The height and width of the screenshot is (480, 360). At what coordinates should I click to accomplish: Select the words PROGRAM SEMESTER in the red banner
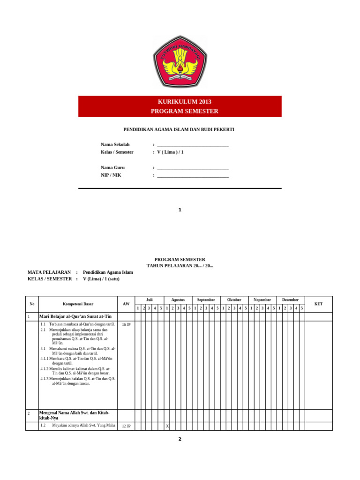point(184,111)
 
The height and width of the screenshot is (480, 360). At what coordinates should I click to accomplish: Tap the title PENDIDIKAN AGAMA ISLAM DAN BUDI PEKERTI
point(179,129)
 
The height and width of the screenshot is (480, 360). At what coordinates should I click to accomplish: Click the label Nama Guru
point(112,167)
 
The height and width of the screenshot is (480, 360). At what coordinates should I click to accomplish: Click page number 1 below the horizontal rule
point(180,210)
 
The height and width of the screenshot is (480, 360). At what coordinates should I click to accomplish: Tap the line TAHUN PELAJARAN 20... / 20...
point(180,266)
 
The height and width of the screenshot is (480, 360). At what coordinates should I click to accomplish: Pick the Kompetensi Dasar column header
point(78,304)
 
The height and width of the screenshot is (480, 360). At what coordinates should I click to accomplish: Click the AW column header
point(126,304)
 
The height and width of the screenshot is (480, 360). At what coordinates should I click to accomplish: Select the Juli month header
point(149,300)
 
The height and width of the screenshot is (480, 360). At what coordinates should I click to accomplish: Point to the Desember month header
point(290,300)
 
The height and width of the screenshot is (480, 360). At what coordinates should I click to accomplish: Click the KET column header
point(318,304)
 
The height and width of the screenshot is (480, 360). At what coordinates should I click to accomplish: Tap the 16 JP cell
point(126,324)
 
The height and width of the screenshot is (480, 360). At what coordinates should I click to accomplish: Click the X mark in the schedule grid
point(166,426)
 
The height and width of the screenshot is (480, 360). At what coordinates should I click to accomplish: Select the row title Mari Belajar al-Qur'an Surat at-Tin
point(75,317)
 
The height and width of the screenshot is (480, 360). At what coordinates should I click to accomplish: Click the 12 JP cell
point(126,426)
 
